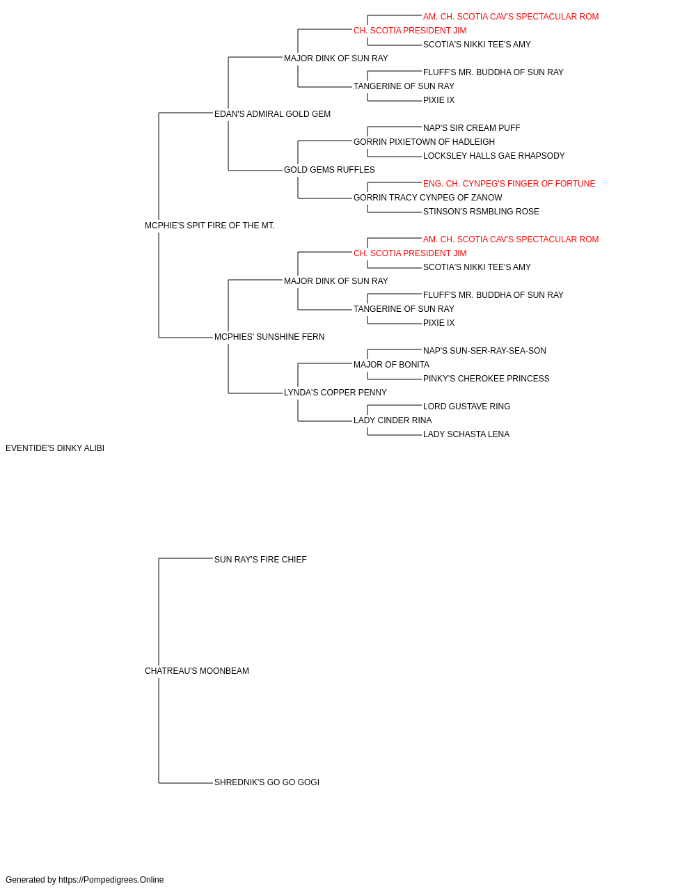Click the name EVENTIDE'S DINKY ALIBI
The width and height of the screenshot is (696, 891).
(55, 448)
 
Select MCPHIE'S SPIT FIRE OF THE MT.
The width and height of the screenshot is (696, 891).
(209, 226)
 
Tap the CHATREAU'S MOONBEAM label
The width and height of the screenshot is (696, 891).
(197, 671)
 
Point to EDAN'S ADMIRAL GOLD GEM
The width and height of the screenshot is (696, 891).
(272, 114)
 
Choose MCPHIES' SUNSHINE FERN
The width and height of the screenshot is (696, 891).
(269, 337)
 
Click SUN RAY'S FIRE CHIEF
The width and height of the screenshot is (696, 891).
(260, 559)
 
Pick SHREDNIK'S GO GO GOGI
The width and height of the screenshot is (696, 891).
(267, 782)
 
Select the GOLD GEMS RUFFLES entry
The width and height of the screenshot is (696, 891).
(329, 170)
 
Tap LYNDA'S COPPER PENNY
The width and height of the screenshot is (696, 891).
(335, 393)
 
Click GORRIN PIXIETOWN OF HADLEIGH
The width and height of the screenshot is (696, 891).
(424, 142)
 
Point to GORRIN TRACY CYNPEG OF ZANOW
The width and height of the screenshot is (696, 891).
(427, 198)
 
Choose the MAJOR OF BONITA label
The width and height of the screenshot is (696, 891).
(391, 365)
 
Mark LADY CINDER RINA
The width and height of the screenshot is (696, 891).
(393, 420)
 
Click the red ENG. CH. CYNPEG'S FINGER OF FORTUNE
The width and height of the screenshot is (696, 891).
(509, 184)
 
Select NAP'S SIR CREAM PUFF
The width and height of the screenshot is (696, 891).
(471, 128)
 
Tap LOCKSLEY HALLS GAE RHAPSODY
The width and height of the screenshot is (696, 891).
(493, 156)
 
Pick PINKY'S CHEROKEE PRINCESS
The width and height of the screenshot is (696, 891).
(486, 379)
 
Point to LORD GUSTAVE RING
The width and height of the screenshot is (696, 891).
(466, 407)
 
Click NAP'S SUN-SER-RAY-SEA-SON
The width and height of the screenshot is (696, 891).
(484, 351)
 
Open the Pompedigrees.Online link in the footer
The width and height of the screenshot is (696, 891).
(111, 880)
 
